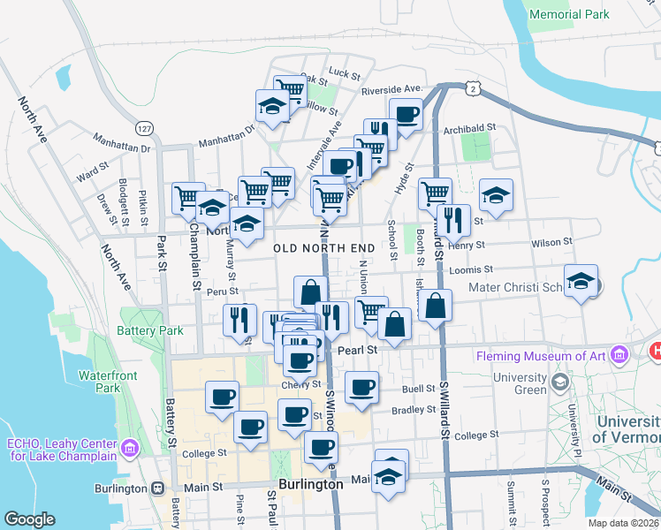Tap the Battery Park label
pyautogui.click(x=149, y=331)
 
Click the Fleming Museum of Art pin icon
pyautogui.click(x=619, y=356)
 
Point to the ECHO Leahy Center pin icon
pyautogui.click(x=129, y=449)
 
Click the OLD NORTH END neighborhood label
pyautogui.click(x=323, y=249)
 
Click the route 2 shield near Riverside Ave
pyautogui.click(x=475, y=89)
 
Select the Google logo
pyautogui.click(x=29, y=519)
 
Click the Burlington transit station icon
pyautogui.click(x=158, y=487)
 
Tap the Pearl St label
pyautogui.click(x=358, y=350)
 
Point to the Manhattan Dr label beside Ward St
pyautogui.click(x=121, y=137)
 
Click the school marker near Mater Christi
pyautogui.click(x=581, y=282)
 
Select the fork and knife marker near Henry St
pyautogui.click(x=453, y=221)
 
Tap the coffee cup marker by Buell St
pyautogui.click(x=361, y=388)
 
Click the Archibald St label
pyautogui.click(x=465, y=129)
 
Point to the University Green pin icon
pyautogui.click(x=559, y=382)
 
